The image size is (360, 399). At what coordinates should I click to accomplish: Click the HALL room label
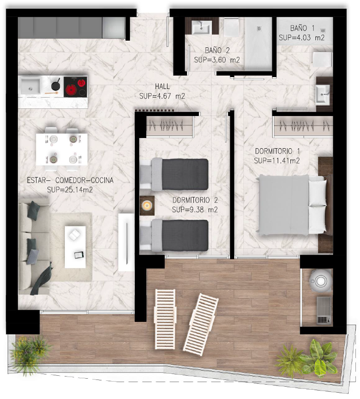coord(162,86)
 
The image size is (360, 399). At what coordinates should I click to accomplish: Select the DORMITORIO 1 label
coord(277,151)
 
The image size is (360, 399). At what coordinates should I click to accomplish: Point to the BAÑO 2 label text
coord(217,50)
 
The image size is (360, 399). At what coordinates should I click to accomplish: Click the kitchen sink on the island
coord(31,86)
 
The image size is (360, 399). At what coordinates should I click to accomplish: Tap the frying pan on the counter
coord(56,85)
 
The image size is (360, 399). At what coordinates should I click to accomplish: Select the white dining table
coord(61,150)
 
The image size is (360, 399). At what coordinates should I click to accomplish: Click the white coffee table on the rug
coord(75,247)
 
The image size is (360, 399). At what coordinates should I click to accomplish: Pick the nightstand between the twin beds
coord(147,205)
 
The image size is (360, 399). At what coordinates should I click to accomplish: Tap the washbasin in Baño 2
coord(201,28)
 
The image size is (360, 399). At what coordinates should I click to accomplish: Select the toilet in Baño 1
coord(322,60)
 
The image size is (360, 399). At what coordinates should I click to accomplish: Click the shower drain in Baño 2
coord(259,28)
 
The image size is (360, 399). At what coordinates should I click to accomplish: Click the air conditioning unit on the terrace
coord(324,310)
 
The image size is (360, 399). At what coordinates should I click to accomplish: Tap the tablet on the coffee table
coord(79,255)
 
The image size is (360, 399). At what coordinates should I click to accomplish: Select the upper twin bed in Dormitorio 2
coord(174,175)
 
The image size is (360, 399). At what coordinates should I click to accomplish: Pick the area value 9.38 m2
coord(195,210)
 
